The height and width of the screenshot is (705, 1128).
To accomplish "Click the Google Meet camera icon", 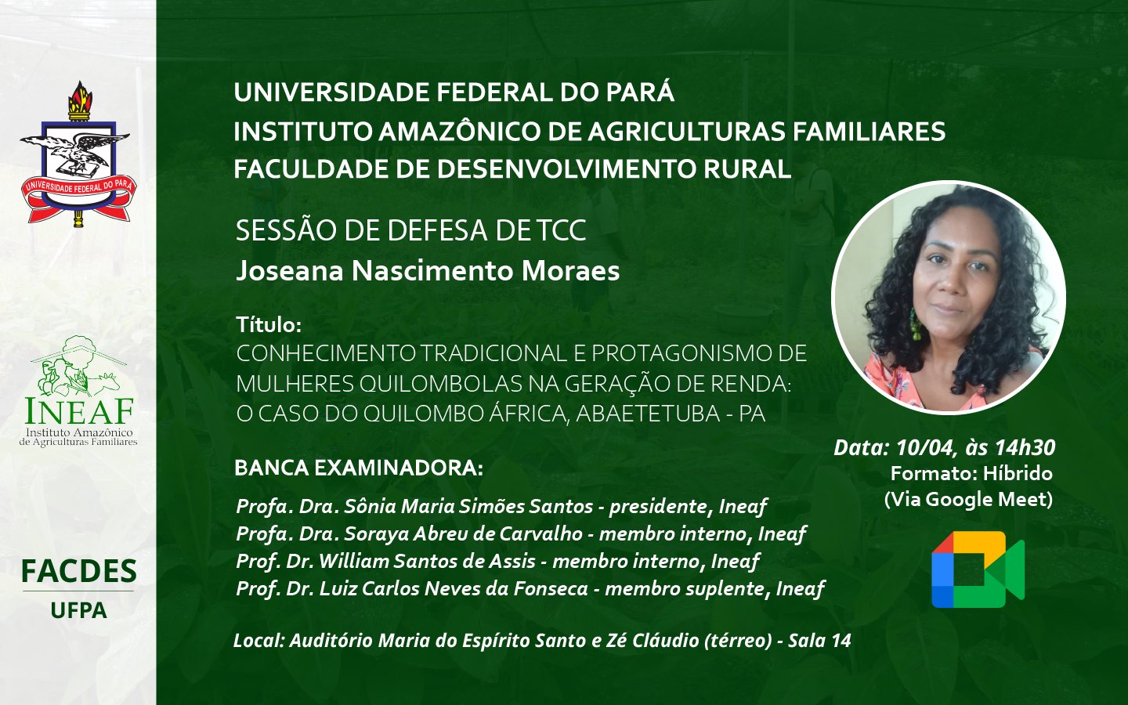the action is pyautogui.click(x=978, y=569).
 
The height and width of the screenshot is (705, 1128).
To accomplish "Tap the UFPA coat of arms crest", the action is pyautogui.click(x=78, y=154).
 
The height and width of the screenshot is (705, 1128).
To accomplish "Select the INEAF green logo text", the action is pyautogui.click(x=79, y=410).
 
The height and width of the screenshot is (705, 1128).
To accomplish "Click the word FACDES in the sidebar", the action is pyautogui.click(x=79, y=571).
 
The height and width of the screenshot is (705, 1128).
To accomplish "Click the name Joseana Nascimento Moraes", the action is pyautogui.click(x=428, y=271).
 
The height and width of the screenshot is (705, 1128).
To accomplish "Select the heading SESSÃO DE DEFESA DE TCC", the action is pyautogui.click(x=411, y=230).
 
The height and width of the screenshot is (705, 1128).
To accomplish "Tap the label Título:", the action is pyautogui.click(x=269, y=325).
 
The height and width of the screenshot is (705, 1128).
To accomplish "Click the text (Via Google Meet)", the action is pyautogui.click(x=968, y=500).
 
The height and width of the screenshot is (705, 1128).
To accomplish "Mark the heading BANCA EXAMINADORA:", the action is pyautogui.click(x=359, y=468).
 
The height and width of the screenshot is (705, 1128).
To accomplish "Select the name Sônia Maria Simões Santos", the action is pyautogui.click(x=468, y=506).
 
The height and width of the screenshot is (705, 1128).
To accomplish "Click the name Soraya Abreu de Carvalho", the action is pyautogui.click(x=463, y=533).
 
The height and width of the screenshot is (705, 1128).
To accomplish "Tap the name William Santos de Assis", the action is pyautogui.click(x=427, y=561).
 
